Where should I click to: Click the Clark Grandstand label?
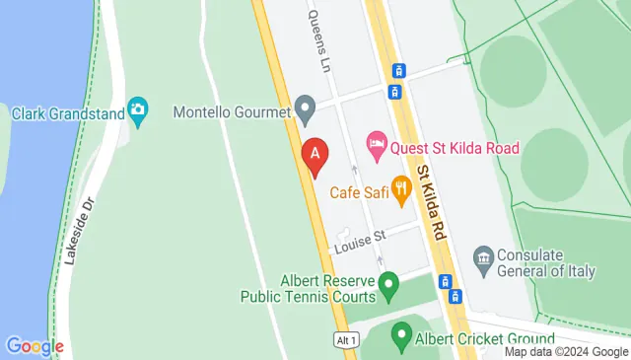click(67, 113)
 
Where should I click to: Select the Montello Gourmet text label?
click(232, 112)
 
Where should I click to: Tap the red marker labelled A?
click(315, 155)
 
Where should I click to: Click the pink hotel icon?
click(376, 145)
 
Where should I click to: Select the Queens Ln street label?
click(320, 42)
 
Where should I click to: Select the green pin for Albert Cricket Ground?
click(401, 335)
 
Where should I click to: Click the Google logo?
click(35, 346)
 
